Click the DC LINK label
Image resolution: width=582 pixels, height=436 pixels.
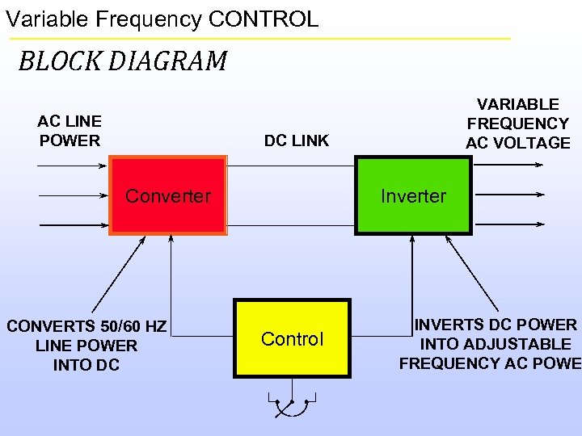point(297,140)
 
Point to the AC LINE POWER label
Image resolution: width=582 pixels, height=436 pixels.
point(70,131)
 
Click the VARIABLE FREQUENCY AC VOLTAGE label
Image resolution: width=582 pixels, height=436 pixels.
point(518,124)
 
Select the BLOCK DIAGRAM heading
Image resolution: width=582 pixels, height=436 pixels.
point(123,61)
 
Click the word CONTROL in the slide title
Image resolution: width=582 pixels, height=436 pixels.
point(273,19)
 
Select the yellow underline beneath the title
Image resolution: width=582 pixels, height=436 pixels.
point(259,38)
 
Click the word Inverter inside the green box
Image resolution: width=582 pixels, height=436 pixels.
point(413,196)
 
